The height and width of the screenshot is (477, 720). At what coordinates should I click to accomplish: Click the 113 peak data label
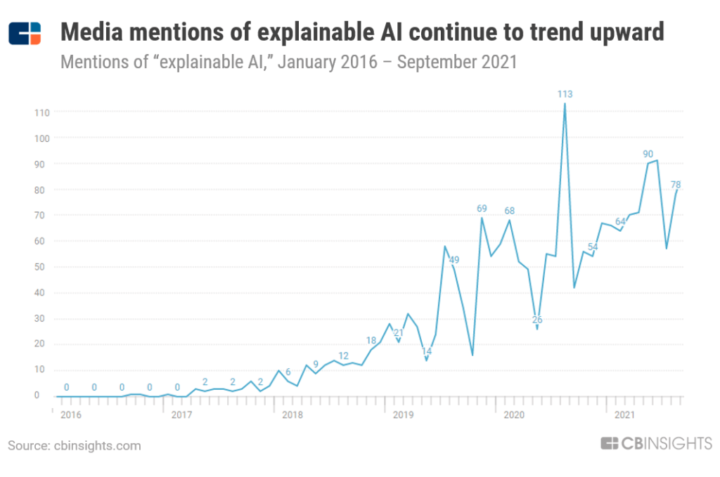[564, 94]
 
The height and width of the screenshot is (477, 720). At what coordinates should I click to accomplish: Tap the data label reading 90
[648, 153]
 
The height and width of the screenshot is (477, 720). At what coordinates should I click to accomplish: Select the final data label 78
[676, 185]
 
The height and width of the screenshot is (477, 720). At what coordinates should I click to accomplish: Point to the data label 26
[537, 320]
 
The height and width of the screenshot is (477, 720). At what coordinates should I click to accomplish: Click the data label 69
[482, 209]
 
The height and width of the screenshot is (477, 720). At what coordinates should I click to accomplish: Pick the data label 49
[454, 260]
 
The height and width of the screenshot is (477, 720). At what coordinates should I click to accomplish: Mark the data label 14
[426, 351]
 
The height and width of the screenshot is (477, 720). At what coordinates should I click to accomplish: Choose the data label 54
[593, 247]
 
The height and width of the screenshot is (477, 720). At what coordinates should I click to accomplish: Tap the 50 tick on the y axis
[43, 267]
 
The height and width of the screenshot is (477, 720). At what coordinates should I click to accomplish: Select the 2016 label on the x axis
[70, 414]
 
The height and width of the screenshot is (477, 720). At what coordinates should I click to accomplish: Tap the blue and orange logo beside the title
[25, 33]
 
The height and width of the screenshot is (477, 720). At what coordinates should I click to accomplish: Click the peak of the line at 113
[565, 104]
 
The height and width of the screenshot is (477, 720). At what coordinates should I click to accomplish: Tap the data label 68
[509, 211]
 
